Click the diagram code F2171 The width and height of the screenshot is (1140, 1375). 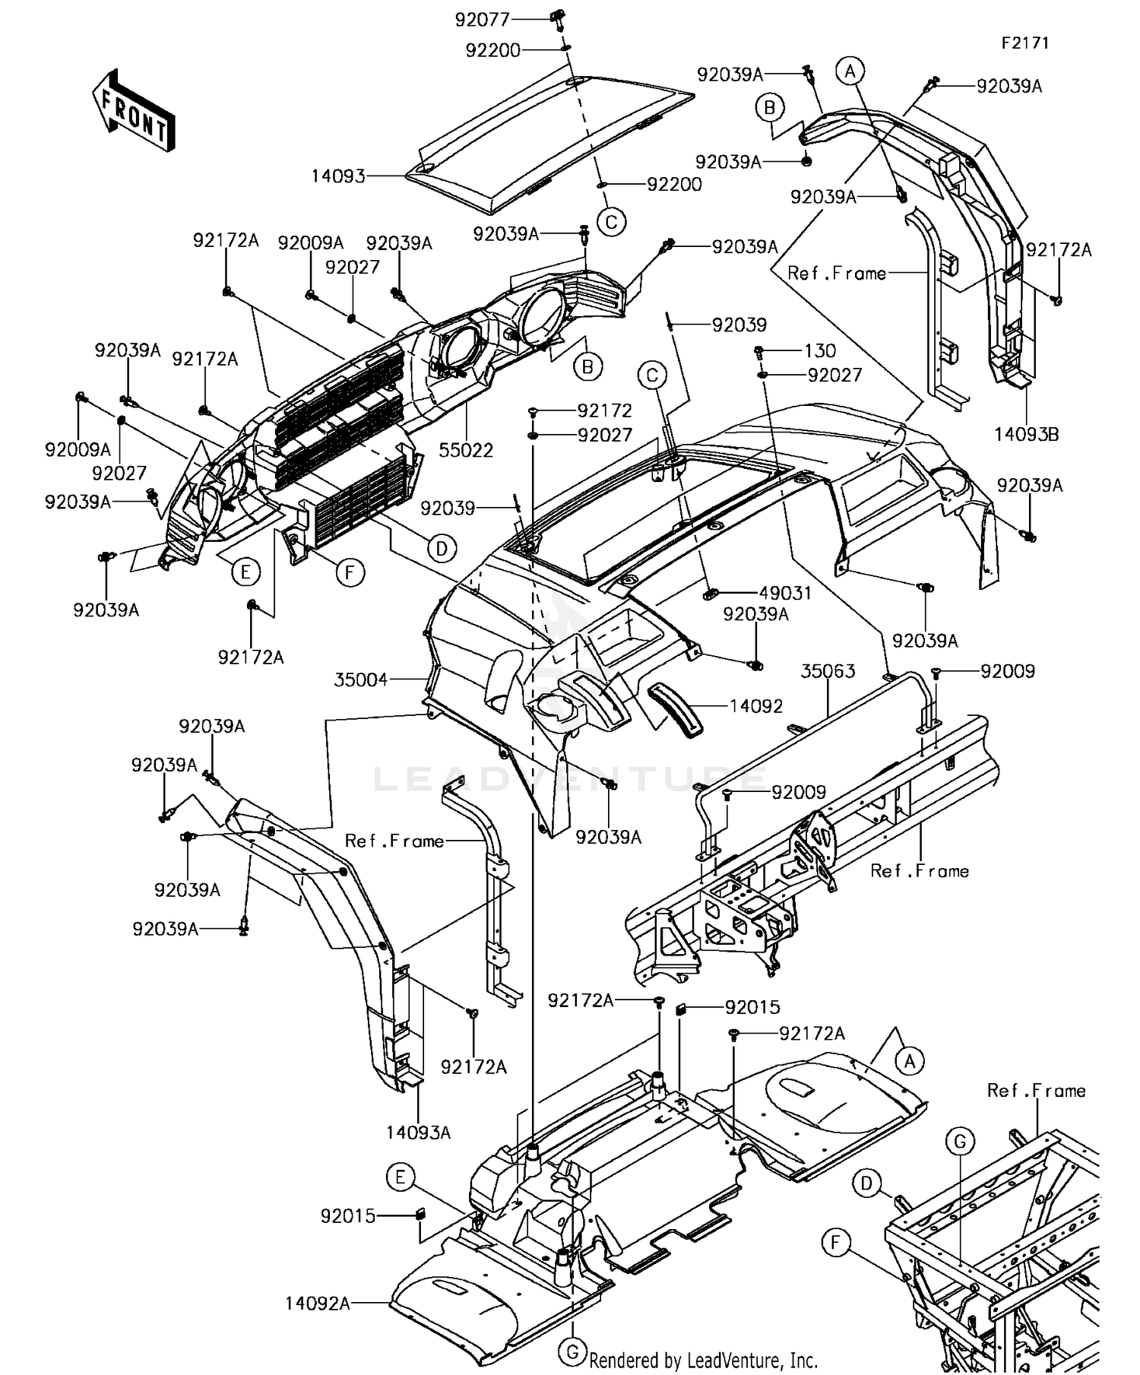click(1024, 43)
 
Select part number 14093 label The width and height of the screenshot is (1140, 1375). click(338, 176)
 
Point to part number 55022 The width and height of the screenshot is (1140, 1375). click(466, 450)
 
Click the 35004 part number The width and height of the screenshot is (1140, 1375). click(361, 680)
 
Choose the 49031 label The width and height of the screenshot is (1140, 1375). click(785, 593)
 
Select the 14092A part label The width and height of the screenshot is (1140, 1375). click(318, 1304)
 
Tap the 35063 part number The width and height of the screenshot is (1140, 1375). click(828, 671)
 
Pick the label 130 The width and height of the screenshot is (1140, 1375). click(820, 350)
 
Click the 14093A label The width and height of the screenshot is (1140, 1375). click(418, 1133)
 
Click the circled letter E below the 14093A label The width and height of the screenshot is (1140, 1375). click(400, 1177)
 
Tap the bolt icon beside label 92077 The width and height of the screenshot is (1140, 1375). click(559, 17)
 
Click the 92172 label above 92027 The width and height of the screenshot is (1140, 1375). click(604, 410)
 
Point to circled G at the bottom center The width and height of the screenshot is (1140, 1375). click(572, 1351)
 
